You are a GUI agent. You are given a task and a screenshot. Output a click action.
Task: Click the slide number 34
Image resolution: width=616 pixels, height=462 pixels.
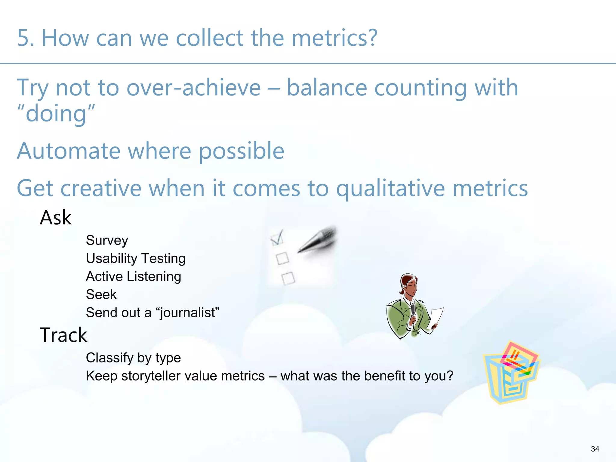[595, 449]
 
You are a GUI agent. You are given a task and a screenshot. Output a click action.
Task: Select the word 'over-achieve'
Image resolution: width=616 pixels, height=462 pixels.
[193, 88]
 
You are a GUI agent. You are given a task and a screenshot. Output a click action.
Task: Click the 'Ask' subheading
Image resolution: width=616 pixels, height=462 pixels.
[56, 217]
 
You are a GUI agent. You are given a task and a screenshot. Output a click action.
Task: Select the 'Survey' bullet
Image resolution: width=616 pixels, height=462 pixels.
[107, 240]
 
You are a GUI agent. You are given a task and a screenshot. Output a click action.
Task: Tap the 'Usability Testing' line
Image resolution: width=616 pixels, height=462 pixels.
[136, 258]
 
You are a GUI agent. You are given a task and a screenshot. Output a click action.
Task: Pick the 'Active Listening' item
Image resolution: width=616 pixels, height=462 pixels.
[134, 276]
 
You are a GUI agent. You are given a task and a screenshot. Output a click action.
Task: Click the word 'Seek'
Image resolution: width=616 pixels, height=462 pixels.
[101, 294]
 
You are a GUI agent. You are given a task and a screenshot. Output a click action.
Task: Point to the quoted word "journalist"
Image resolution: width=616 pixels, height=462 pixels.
[188, 313]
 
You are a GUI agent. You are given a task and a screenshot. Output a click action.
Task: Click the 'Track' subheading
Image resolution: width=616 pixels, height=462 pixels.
[63, 335]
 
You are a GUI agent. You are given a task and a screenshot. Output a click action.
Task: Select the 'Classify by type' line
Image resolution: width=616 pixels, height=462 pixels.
[133, 358]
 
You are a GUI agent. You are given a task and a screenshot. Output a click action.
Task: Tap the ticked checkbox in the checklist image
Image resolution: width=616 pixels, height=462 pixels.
[276, 238]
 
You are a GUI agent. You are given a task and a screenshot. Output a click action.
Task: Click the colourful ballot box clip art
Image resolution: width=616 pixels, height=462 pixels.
[511, 373]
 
